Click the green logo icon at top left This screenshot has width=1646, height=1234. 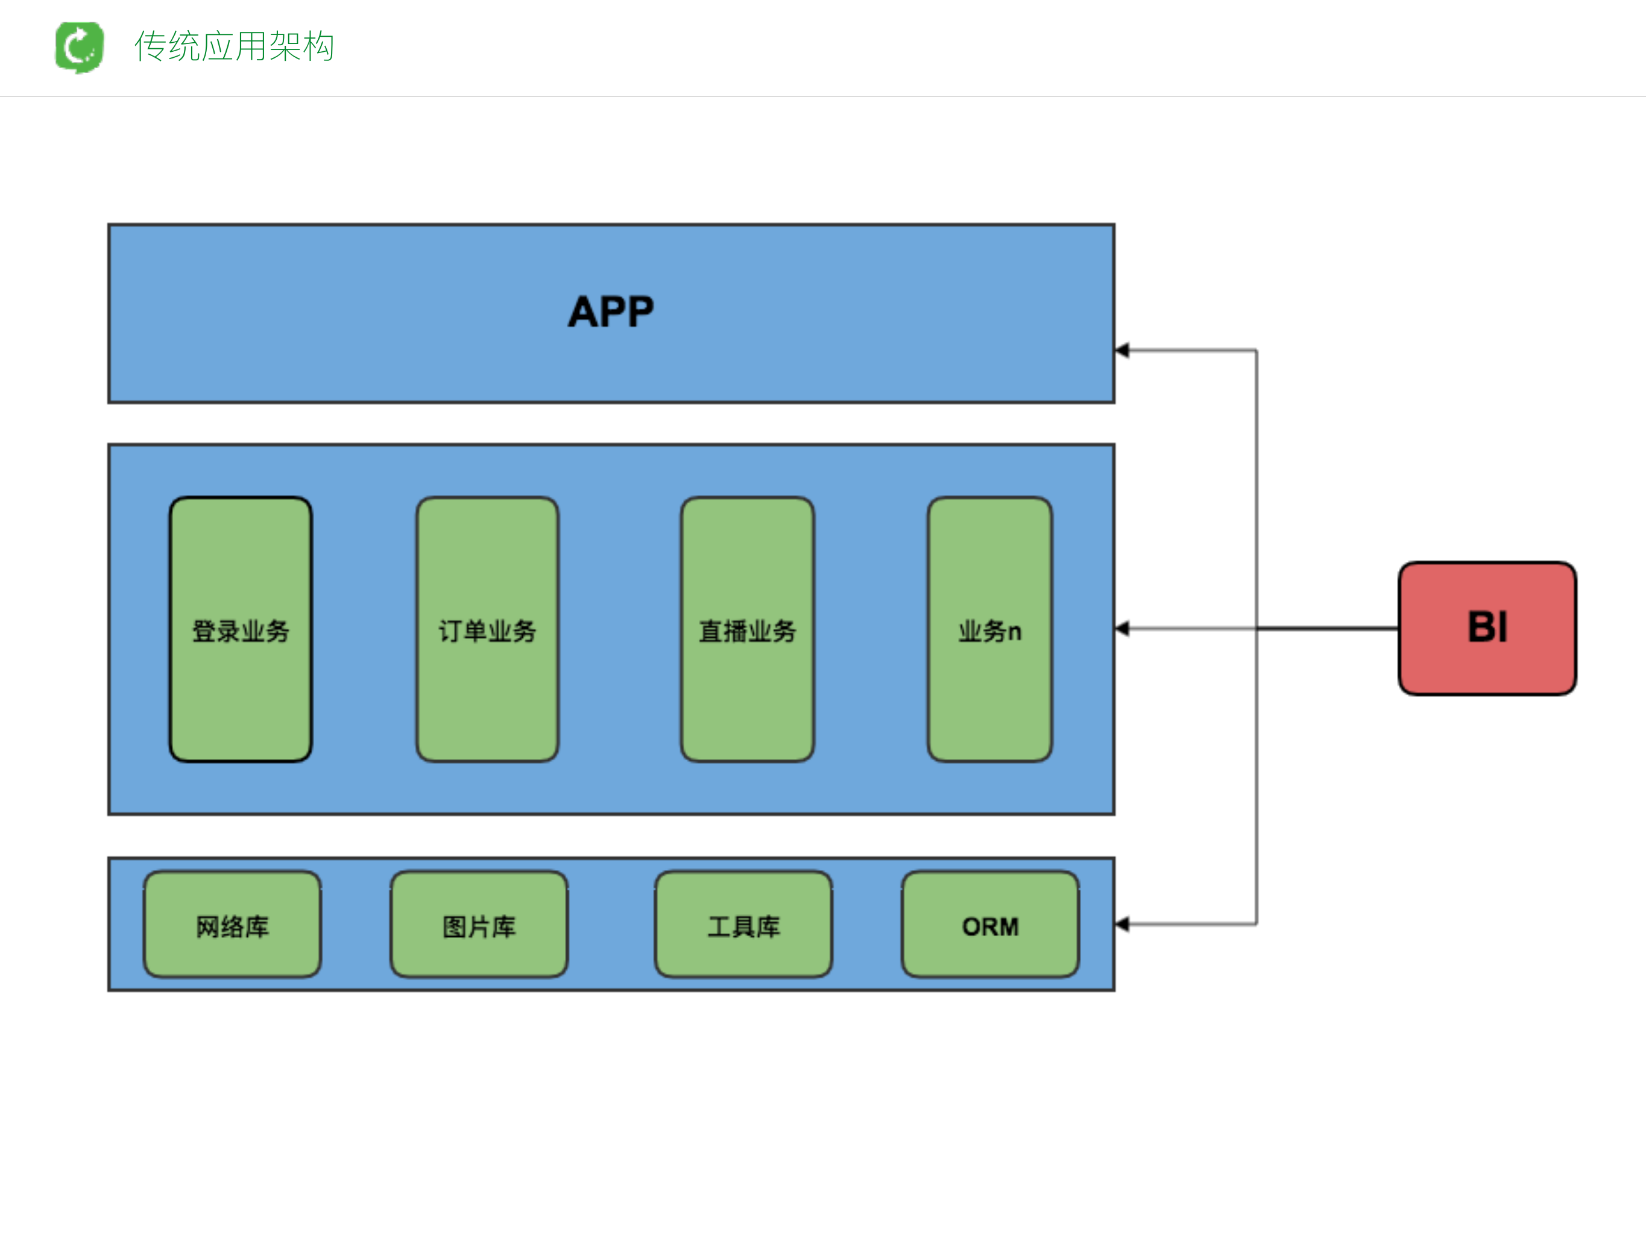(x=80, y=47)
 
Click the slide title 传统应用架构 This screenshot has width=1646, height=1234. (x=234, y=46)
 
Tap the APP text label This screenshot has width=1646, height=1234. (x=611, y=312)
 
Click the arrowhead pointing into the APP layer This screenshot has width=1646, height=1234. (x=1123, y=350)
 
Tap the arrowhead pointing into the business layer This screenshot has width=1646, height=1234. (x=1123, y=629)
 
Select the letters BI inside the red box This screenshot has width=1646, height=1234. (x=1487, y=626)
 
